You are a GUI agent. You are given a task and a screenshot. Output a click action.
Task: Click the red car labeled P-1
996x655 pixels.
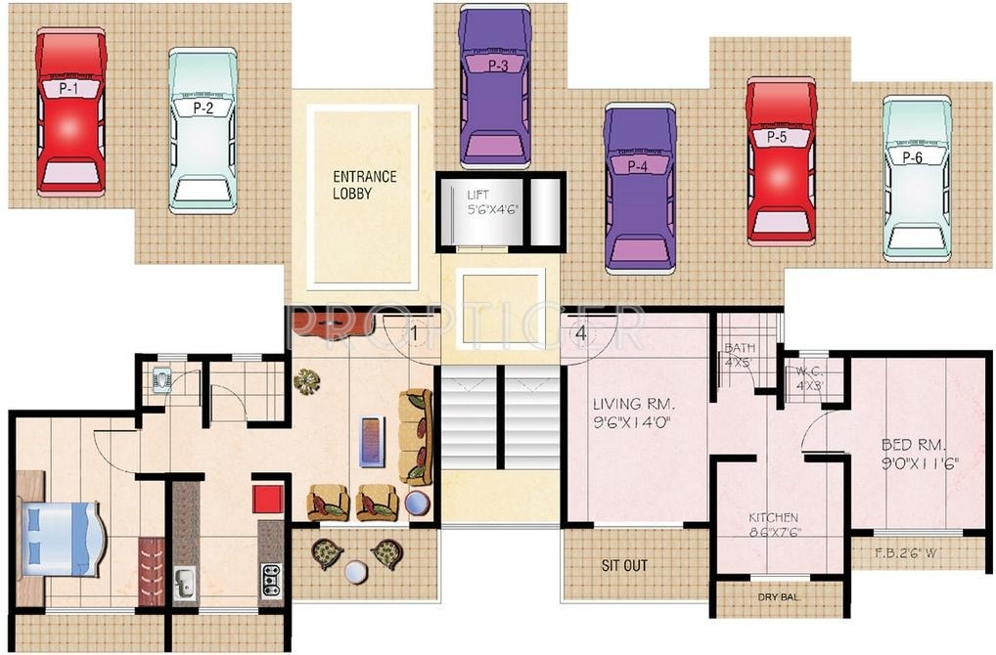point(70,112)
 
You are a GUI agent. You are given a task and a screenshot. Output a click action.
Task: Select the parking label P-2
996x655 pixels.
point(203,109)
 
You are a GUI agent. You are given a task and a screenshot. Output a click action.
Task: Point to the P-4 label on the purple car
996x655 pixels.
point(638,167)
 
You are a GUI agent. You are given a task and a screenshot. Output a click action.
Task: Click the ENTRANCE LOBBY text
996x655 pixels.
point(365,185)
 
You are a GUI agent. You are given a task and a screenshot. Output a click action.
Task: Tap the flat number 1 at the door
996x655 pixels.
point(416,333)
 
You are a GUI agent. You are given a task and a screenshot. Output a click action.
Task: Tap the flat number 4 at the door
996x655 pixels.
point(581,333)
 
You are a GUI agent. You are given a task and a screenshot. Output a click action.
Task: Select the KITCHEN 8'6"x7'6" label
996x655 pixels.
point(773,525)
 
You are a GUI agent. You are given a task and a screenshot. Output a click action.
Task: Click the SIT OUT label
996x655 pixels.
point(624,565)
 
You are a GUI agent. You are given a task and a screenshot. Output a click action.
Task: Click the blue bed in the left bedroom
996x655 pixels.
point(59,539)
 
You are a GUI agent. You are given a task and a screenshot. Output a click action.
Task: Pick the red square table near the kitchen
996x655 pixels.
point(267,497)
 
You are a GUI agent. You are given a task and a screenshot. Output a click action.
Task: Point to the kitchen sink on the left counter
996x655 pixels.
point(185,583)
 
